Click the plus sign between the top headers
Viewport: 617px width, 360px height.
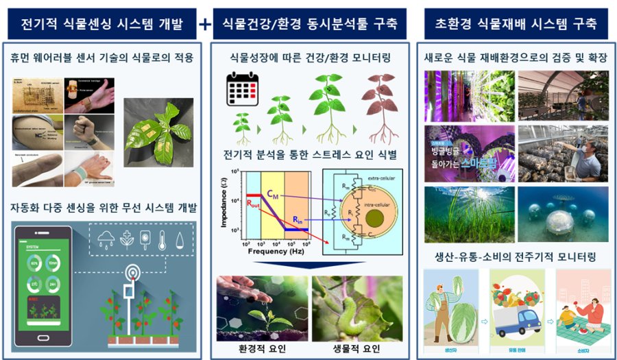(205, 25)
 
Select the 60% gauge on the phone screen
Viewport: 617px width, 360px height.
(34, 262)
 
